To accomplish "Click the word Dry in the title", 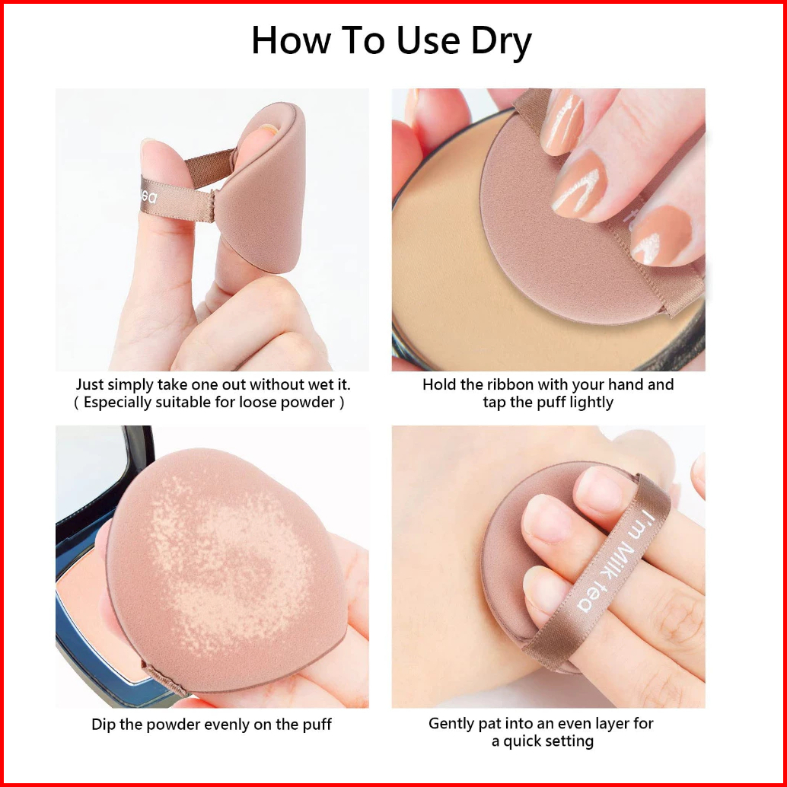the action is coord(500,42).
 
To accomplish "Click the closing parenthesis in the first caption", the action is coord(342,403).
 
